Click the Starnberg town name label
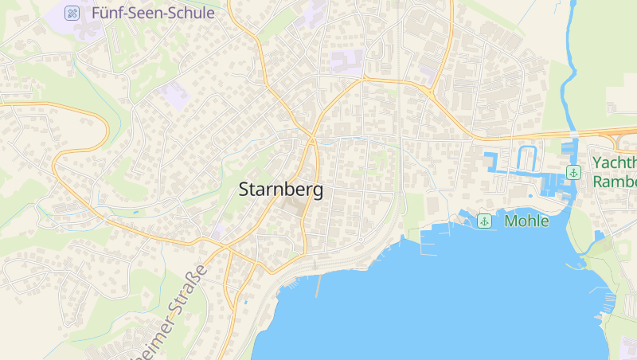tap(281, 190)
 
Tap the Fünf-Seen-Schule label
tap(153, 13)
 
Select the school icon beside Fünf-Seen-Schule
tap(72, 13)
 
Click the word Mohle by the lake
tap(526, 221)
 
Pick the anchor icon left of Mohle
tap(483, 221)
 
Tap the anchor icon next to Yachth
tap(573, 172)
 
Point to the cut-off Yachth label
tap(614, 163)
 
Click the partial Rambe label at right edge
tap(615, 182)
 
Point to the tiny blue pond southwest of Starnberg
tap(135, 213)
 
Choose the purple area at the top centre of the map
tap(346, 61)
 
